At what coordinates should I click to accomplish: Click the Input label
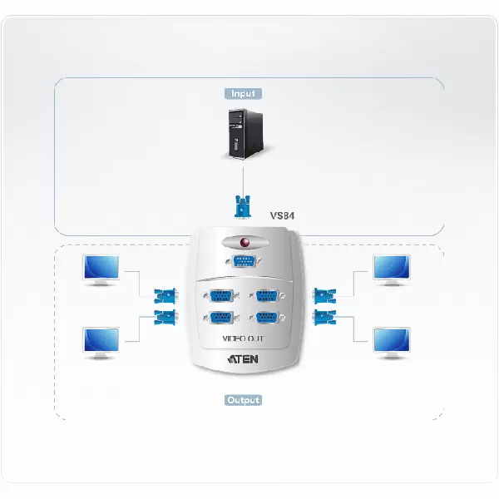click(x=243, y=94)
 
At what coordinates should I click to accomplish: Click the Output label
click(x=243, y=400)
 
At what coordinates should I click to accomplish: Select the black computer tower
click(x=243, y=133)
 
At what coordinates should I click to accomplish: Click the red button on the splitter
click(x=244, y=244)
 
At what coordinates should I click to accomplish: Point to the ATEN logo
click(x=245, y=360)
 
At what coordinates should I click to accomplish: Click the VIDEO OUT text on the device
click(x=245, y=339)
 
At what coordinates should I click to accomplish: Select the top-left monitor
click(x=102, y=270)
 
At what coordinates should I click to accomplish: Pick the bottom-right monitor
click(x=389, y=341)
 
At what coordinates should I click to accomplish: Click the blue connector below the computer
click(x=243, y=206)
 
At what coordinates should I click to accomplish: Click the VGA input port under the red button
click(x=244, y=264)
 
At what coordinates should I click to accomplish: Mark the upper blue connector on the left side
click(x=165, y=295)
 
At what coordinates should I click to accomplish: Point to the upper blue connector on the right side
click(x=324, y=295)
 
